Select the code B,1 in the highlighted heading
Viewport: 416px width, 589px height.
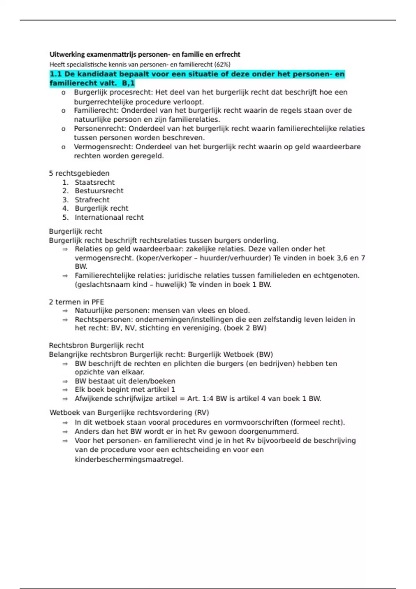[x=128, y=83]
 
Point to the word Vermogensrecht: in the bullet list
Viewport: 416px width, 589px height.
[x=103, y=147]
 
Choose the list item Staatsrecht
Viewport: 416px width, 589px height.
[x=95, y=183]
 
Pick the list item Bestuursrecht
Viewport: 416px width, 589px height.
[x=99, y=191]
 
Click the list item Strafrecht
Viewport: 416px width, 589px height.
[x=92, y=200]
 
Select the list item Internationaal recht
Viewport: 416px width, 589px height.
[x=109, y=218]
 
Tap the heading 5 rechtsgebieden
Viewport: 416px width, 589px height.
[x=79, y=174]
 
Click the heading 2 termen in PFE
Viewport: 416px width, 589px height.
[x=76, y=302]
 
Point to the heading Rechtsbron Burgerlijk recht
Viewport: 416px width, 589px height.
[x=96, y=345]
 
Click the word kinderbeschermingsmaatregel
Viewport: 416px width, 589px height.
[x=129, y=460]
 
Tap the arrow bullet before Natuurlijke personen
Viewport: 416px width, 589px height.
[x=65, y=311]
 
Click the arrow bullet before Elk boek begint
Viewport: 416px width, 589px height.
[x=65, y=390]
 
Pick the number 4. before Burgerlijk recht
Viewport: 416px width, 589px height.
[x=66, y=209]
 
